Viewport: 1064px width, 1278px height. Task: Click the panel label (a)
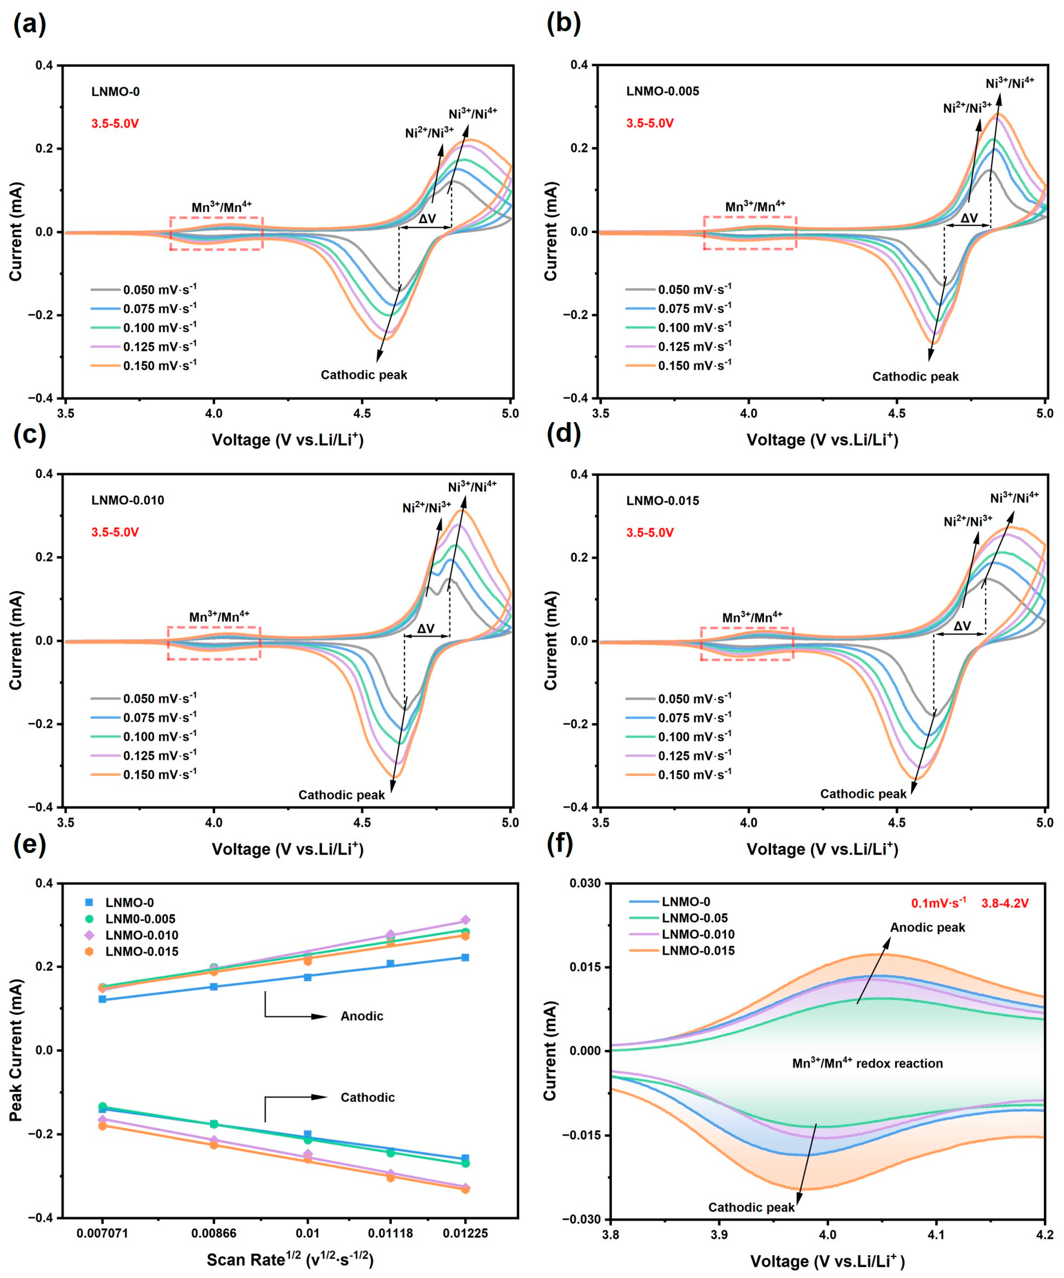tap(29, 24)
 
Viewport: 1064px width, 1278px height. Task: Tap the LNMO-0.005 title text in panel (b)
tap(662, 91)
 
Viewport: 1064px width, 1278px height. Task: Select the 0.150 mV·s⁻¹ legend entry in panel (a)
tap(159, 366)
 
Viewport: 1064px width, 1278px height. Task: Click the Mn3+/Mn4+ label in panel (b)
tap(755, 206)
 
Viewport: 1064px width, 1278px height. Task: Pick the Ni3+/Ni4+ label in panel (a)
tap(473, 113)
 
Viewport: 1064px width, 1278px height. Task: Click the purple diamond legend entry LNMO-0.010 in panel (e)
tap(141, 935)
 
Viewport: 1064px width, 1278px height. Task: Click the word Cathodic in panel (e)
tap(367, 1097)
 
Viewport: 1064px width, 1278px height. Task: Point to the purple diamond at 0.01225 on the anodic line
tap(465, 920)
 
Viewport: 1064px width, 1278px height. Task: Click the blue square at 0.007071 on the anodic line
tap(102, 999)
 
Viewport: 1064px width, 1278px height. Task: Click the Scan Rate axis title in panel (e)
tap(289, 1259)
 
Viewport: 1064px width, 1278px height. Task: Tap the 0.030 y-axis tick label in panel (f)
tap(585, 883)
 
